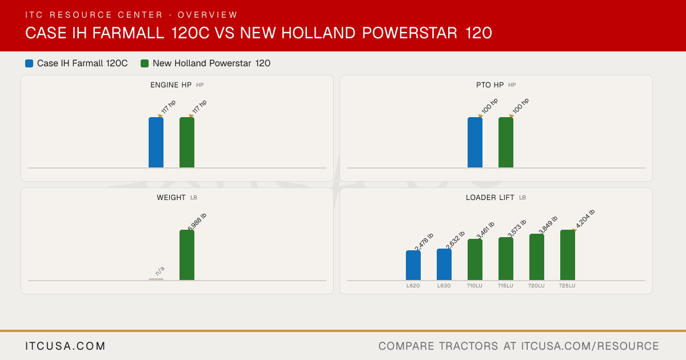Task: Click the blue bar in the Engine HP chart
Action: click(156, 142)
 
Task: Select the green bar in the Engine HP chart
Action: click(187, 142)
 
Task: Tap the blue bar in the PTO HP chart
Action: click(475, 142)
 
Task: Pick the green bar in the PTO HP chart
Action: click(506, 142)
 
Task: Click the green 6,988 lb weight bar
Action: click(187, 255)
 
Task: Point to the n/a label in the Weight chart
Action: click(160, 271)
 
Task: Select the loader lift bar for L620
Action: click(413, 265)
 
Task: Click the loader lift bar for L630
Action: click(444, 264)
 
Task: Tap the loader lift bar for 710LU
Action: click(475, 259)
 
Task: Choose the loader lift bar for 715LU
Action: click(506, 259)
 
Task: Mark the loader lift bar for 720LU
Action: click(537, 257)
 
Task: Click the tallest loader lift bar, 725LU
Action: click(568, 255)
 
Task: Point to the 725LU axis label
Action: click(567, 286)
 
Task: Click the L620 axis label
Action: click(413, 286)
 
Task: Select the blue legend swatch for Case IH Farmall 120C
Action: click(29, 63)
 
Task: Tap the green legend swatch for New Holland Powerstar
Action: click(145, 63)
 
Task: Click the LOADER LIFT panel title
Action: click(490, 198)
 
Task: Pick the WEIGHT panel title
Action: click(171, 198)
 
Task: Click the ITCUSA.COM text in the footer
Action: click(65, 346)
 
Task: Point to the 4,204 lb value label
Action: click(585, 218)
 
